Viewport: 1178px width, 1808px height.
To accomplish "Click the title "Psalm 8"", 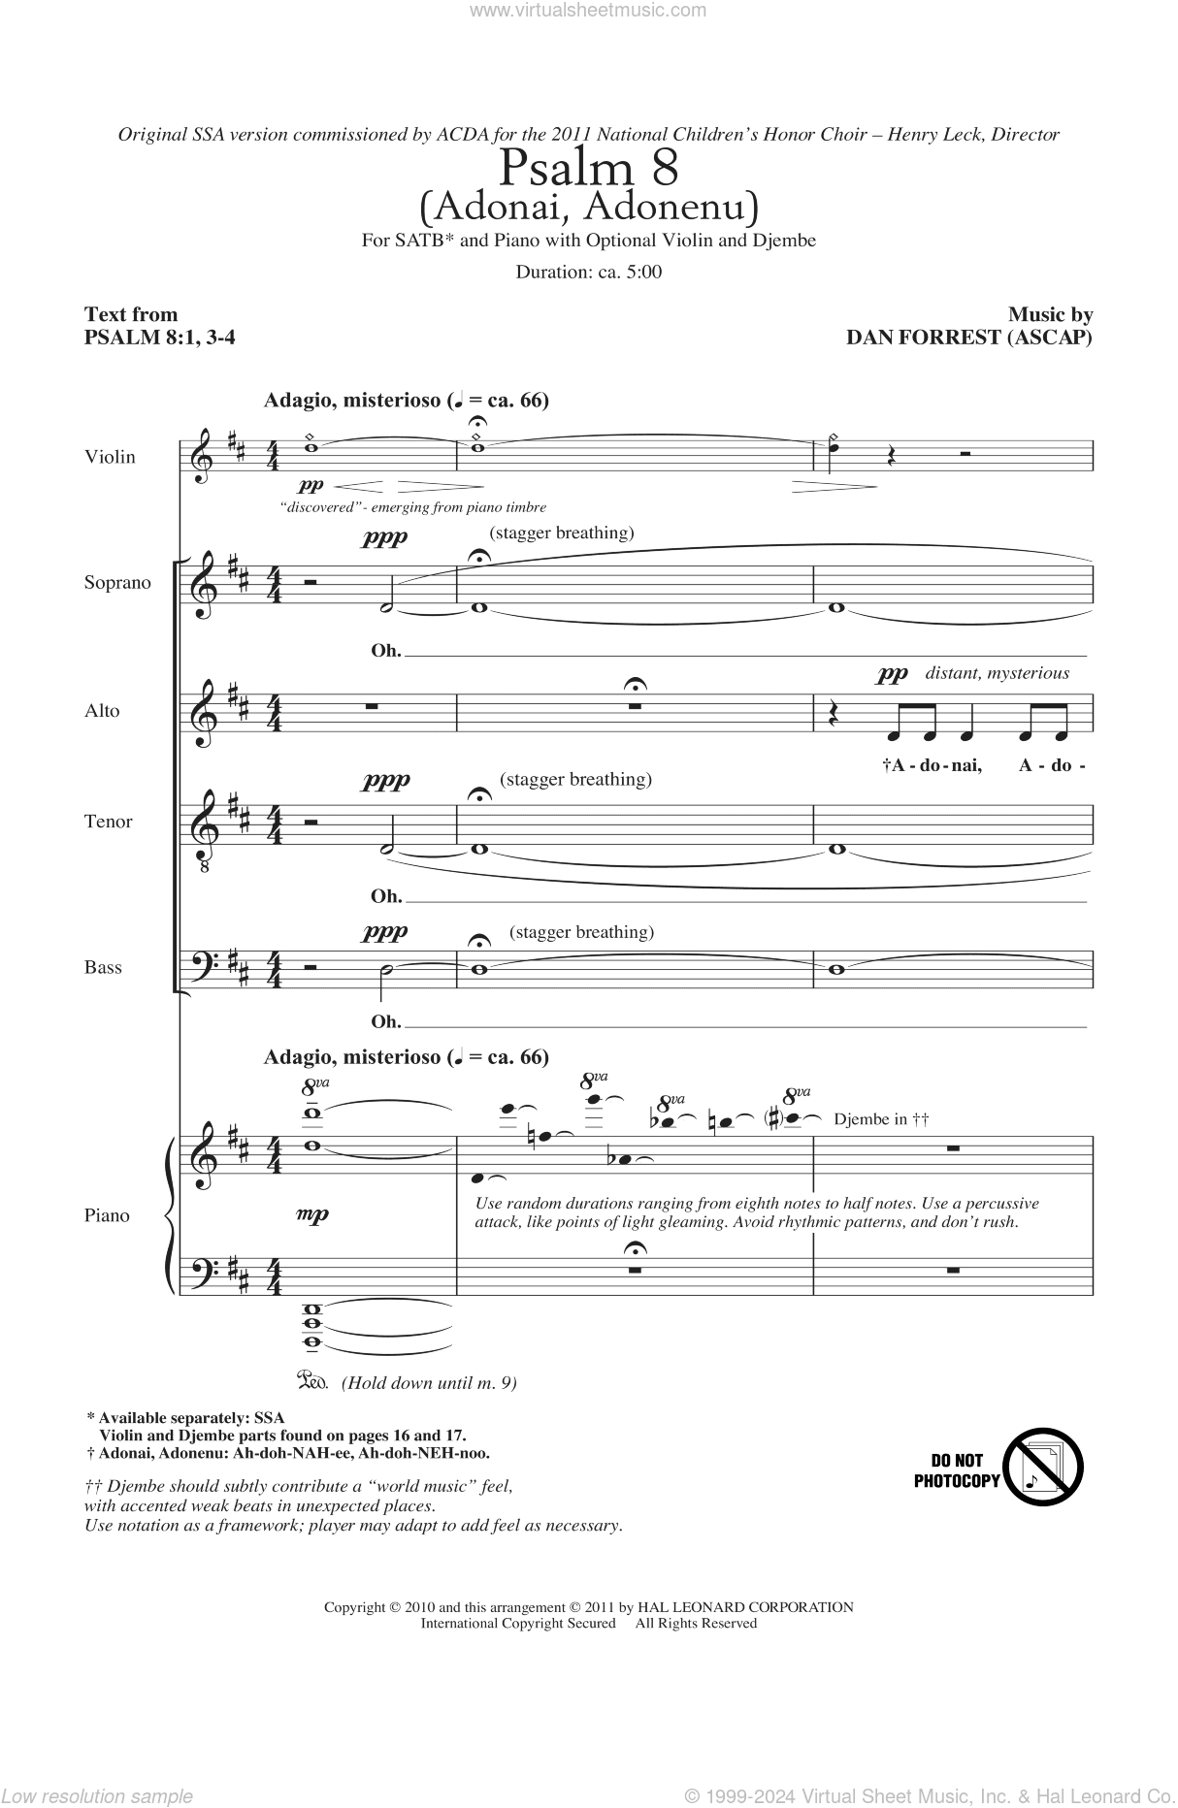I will (588, 169).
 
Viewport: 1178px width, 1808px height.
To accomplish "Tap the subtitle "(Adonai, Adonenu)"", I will (588, 206).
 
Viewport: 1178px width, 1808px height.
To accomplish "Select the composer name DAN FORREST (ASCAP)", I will (969, 338).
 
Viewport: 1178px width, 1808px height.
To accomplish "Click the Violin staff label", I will (111, 457).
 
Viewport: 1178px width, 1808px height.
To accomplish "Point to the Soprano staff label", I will (117, 583).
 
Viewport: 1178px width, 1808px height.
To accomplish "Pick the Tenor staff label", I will (109, 822).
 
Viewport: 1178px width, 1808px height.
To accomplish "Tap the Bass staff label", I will (103, 967).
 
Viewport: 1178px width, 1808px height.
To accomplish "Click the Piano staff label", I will (107, 1215).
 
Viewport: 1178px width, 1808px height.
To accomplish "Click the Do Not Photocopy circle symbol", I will (1043, 1466).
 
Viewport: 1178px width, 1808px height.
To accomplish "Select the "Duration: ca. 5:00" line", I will (588, 272).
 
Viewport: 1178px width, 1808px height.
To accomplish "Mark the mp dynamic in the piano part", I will (313, 1214).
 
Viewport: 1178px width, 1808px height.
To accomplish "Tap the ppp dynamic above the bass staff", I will (385, 932).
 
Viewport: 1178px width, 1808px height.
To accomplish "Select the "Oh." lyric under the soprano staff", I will (385, 650).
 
